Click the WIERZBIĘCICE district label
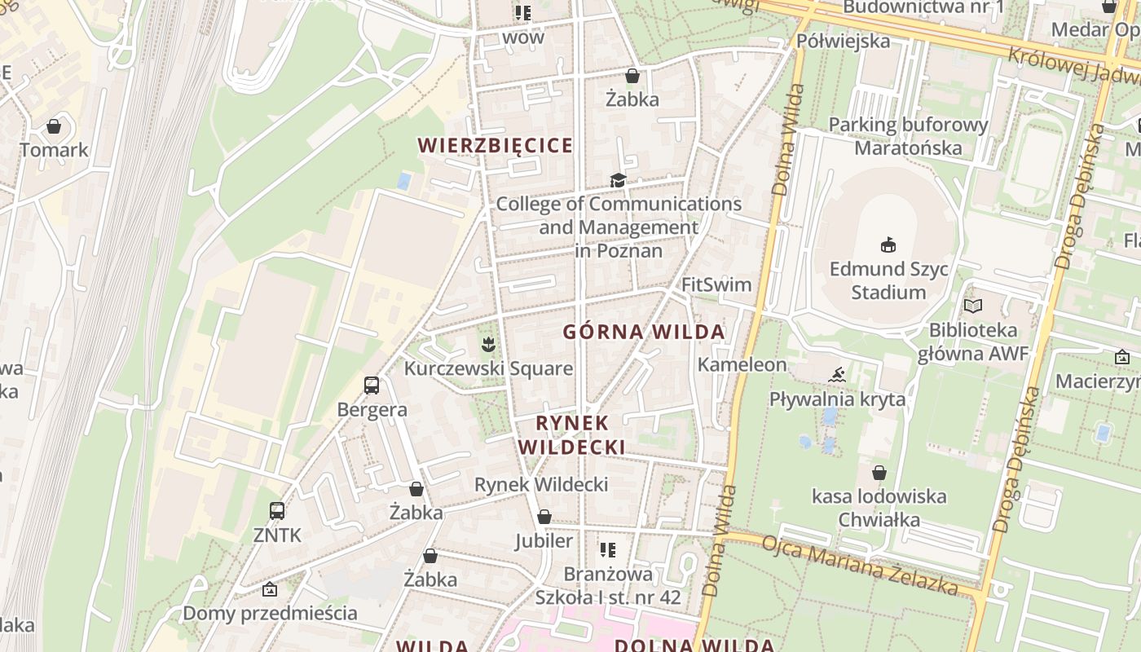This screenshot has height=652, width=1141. [496, 146]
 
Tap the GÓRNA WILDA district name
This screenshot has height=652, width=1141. [644, 332]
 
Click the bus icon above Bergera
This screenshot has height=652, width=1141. [372, 385]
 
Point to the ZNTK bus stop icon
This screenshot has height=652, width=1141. [277, 511]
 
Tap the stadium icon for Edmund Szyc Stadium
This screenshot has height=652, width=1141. [888, 244]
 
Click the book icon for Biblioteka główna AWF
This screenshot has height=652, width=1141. [973, 306]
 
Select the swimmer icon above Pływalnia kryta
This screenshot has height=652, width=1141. [837, 376]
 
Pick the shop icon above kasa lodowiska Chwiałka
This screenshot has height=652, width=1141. [879, 473]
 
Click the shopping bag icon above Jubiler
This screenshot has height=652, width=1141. [544, 517]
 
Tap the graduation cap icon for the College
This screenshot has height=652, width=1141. [619, 180]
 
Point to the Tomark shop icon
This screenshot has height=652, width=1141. [54, 126]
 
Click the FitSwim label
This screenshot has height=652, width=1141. [716, 284]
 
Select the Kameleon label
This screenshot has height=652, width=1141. [742, 364]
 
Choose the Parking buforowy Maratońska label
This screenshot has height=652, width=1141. [908, 136]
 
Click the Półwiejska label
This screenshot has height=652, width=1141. [843, 41]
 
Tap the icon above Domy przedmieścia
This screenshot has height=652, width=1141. [270, 589]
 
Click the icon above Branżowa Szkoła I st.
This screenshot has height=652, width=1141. [607, 550]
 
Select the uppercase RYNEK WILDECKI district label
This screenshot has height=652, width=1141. [572, 435]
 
